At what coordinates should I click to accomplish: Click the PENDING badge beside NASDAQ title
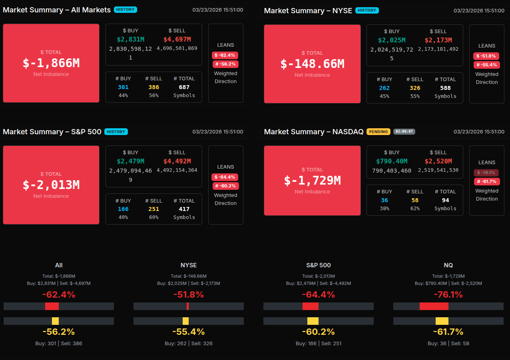pyautogui.click(x=378, y=131)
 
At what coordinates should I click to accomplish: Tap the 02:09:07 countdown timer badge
pyautogui.click(x=404, y=131)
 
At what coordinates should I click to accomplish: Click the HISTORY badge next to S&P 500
pyautogui.click(x=116, y=131)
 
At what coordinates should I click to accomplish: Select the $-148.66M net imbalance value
pyautogui.click(x=312, y=64)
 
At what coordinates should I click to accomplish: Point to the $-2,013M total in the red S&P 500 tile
pyautogui.click(x=51, y=185)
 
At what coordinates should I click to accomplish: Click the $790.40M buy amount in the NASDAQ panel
pyautogui.click(x=392, y=161)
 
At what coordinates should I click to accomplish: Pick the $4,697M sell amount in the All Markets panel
pyautogui.click(x=177, y=39)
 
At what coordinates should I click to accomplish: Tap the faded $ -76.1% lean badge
pyautogui.click(x=486, y=173)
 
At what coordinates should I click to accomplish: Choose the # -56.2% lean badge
pyautogui.click(x=225, y=64)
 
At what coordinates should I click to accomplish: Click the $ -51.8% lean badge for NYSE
pyautogui.click(x=486, y=56)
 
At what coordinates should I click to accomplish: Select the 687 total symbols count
pyautogui.click(x=184, y=87)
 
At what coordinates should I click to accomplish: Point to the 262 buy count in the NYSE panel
pyautogui.click(x=384, y=88)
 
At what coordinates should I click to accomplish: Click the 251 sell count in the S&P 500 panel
pyautogui.click(x=153, y=209)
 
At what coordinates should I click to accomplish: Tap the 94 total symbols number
pyautogui.click(x=445, y=200)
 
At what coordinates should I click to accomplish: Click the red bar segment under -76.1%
pyautogui.click(x=434, y=306)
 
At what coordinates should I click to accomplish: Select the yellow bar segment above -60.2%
pyautogui.click(x=313, y=321)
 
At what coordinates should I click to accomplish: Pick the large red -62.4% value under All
pyautogui.click(x=59, y=295)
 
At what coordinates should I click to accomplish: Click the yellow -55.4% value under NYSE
pyautogui.click(x=189, y=332)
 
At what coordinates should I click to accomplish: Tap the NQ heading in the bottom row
pyautogui.click(x=448, y=265)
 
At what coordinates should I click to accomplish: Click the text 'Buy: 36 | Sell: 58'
pyautogui.click(x=448, y=343)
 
